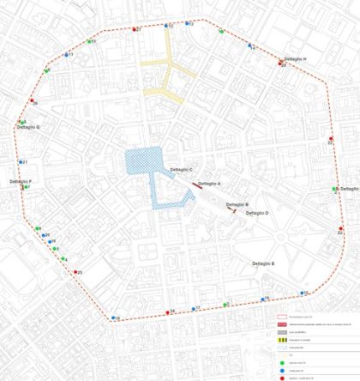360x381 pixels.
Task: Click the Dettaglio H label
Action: pos(295,59)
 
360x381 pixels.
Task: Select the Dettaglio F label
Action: pos(21,182)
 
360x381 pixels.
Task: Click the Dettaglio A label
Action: pos(210,184)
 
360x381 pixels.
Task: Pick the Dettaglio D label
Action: pos(257,213)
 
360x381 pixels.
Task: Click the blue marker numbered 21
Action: pos(21,162)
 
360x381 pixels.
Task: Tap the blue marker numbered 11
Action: pos(66,55)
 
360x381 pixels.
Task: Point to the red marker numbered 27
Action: pos(135,30)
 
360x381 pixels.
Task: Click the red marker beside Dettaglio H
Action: pos(282,63)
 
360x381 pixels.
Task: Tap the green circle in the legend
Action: pos(281,360)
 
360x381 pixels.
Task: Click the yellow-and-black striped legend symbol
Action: pos(281,342)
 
